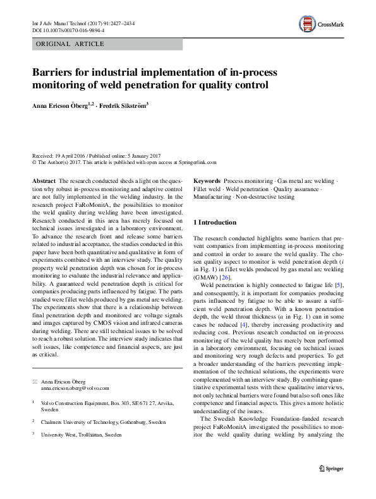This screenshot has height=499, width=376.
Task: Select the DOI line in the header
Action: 68,30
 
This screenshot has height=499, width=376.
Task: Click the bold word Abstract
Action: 44,180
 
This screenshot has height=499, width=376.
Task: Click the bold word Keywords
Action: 207,180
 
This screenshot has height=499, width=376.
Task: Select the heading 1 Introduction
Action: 215,222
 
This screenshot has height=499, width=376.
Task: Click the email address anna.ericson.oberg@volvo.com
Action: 71,389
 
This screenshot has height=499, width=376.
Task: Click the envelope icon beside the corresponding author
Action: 35,382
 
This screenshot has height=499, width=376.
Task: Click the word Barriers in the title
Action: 54,72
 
